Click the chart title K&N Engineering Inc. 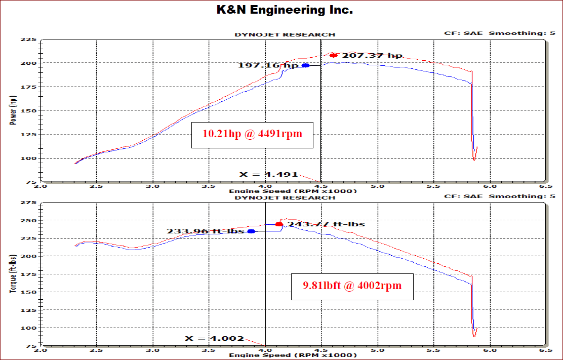pyautogui.click(x=281, y=10)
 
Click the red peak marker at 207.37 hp pyautogui.click(x=334, y=55)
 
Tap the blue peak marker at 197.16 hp pyautogui.click(x=306, y=65)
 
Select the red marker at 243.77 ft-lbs pyautogui.click(x=279, y=224)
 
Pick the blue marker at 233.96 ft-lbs pyautogui.click(x=251, y=231)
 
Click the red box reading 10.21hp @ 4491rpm pyautogui.click(x=252, y=134)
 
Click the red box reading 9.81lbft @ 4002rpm pyautogui.click(x=352, y=286)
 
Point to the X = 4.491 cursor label pyautogui.click(x=268, y=174)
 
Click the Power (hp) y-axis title pyautogui.click(x=12, y=110)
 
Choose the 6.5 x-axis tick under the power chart pyautogui.click(x=546, y=186)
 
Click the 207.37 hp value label pyautogui.click(x=372, y=55)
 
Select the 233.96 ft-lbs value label pyautogui.click(x=206, y=231)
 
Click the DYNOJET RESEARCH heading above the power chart pyautogui.click(x=285, y=34)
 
